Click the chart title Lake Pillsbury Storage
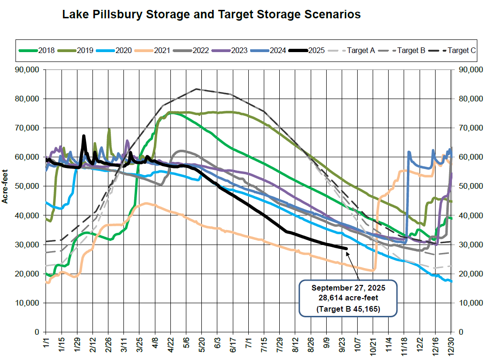(x=211, y=15)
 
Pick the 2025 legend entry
(x=307, y=50)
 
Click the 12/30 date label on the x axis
(x=451, y=347)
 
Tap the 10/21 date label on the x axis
(x=373, y=347)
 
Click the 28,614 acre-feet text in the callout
(x=348, y=298)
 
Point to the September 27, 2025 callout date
(x=348, y=288)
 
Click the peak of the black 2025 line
(x=84, y=136)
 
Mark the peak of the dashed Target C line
(x=196, y=89)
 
